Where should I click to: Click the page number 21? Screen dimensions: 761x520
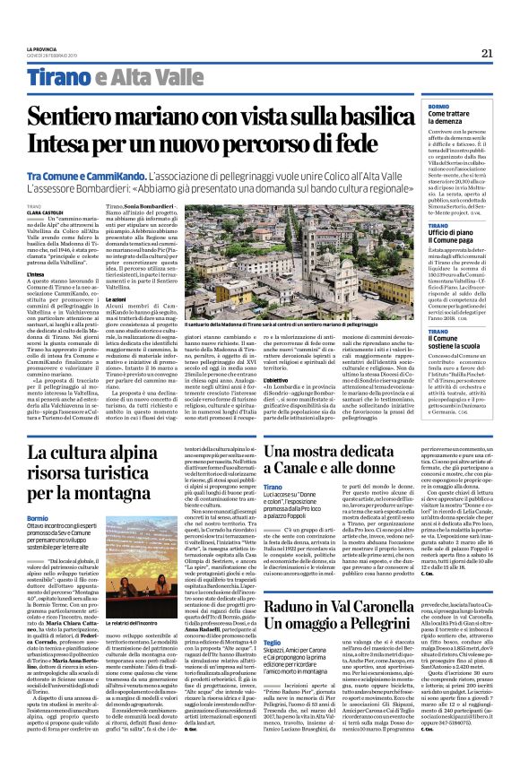pos(488,53)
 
